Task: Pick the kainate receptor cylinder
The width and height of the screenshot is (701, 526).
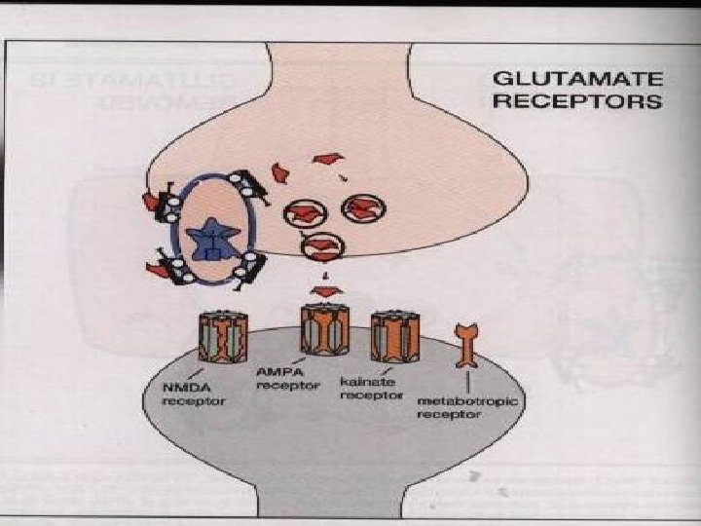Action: tap(394, 335)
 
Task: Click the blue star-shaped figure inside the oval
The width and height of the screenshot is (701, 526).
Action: tap(209, 239)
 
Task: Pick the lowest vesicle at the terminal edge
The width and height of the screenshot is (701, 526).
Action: tap(321, 247)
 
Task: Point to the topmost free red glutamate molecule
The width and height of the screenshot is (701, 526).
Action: tap(329, 158)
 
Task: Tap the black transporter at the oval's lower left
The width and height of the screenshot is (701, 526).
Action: tap(169, 265)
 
